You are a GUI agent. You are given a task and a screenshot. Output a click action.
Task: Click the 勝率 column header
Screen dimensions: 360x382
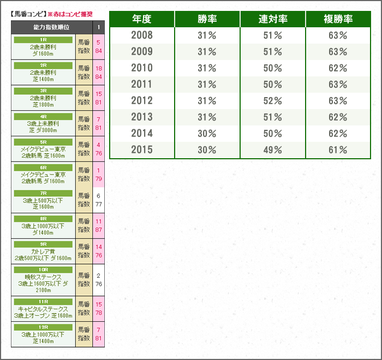tap(207, 19)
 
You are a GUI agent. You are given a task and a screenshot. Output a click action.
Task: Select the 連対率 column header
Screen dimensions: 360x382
tap(273, 19)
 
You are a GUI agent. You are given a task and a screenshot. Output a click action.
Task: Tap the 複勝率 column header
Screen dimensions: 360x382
tap(338, 19)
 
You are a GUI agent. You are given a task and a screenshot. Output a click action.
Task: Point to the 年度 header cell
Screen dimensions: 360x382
tap(142, 19)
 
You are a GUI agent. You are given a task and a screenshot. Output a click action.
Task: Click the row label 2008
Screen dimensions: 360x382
tap(142, 35)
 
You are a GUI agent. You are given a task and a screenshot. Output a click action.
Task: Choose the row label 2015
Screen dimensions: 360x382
tap(142, 150)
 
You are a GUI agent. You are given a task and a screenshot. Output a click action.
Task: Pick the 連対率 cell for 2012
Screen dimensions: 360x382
tap(273, 101)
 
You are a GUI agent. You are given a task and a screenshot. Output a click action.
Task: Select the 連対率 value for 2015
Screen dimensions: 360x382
tap(273, 150)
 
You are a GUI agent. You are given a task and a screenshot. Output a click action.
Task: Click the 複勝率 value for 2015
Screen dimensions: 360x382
tap(338, 150)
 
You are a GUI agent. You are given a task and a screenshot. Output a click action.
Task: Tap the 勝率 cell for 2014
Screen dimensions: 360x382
tap(207, 134)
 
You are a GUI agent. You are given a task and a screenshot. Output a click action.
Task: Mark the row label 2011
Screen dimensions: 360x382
tap(142, 85)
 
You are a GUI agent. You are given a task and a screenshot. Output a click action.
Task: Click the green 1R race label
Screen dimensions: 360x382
tap(43, 40)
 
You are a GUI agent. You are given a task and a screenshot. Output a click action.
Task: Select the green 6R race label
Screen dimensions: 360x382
tap(43, 168)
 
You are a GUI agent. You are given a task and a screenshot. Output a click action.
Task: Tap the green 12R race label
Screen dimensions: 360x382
tap(43, 327)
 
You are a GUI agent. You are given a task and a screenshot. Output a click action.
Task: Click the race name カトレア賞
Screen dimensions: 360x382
tap(43, 251)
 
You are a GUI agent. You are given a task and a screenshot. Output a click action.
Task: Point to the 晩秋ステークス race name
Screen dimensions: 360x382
tap(43, 277)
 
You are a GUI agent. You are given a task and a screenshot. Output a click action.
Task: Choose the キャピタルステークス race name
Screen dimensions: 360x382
tap(43, 309)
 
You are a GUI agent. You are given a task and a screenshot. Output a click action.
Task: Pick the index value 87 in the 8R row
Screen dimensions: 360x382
tap(99, 230)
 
